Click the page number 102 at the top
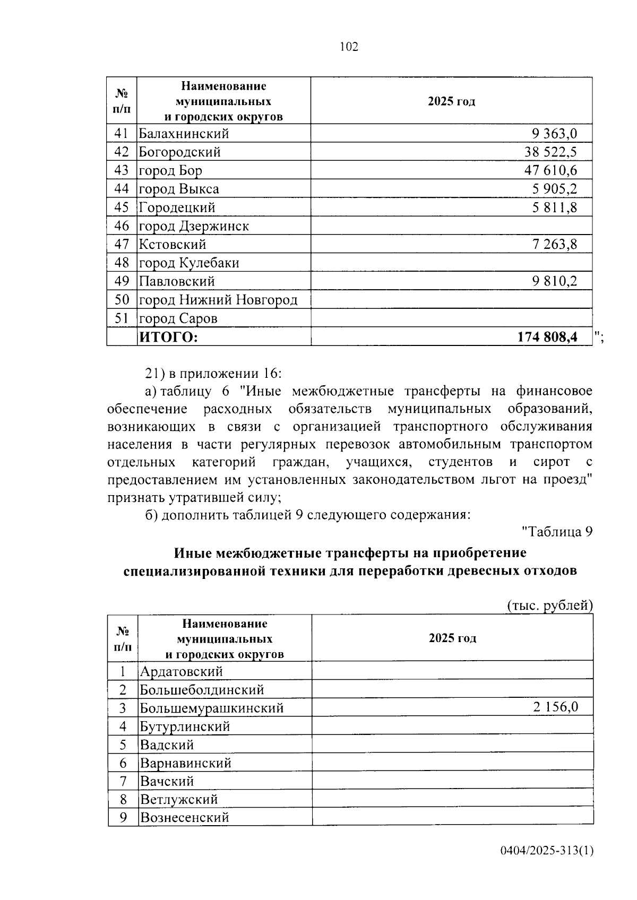tap(349, 47)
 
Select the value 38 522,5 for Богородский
tap(550, 152)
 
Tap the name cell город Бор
tap(170, 170)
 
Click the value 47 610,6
tap(550, 170)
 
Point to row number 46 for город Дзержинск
tap(122, 226)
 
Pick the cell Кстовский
tap(173, 245)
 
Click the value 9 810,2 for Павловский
tap(555, 281)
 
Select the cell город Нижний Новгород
tap(218, 300)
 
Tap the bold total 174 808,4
tap(547, 337)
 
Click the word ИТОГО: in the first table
tap(168, 337)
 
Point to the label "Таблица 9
tap(557, 532)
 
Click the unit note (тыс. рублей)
tap(549, 605)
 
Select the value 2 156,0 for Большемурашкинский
tap(555, 707)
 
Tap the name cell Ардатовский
tap(181, 671)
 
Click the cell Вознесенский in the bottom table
tap(184, 817)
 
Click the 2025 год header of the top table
tap(451, 101)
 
